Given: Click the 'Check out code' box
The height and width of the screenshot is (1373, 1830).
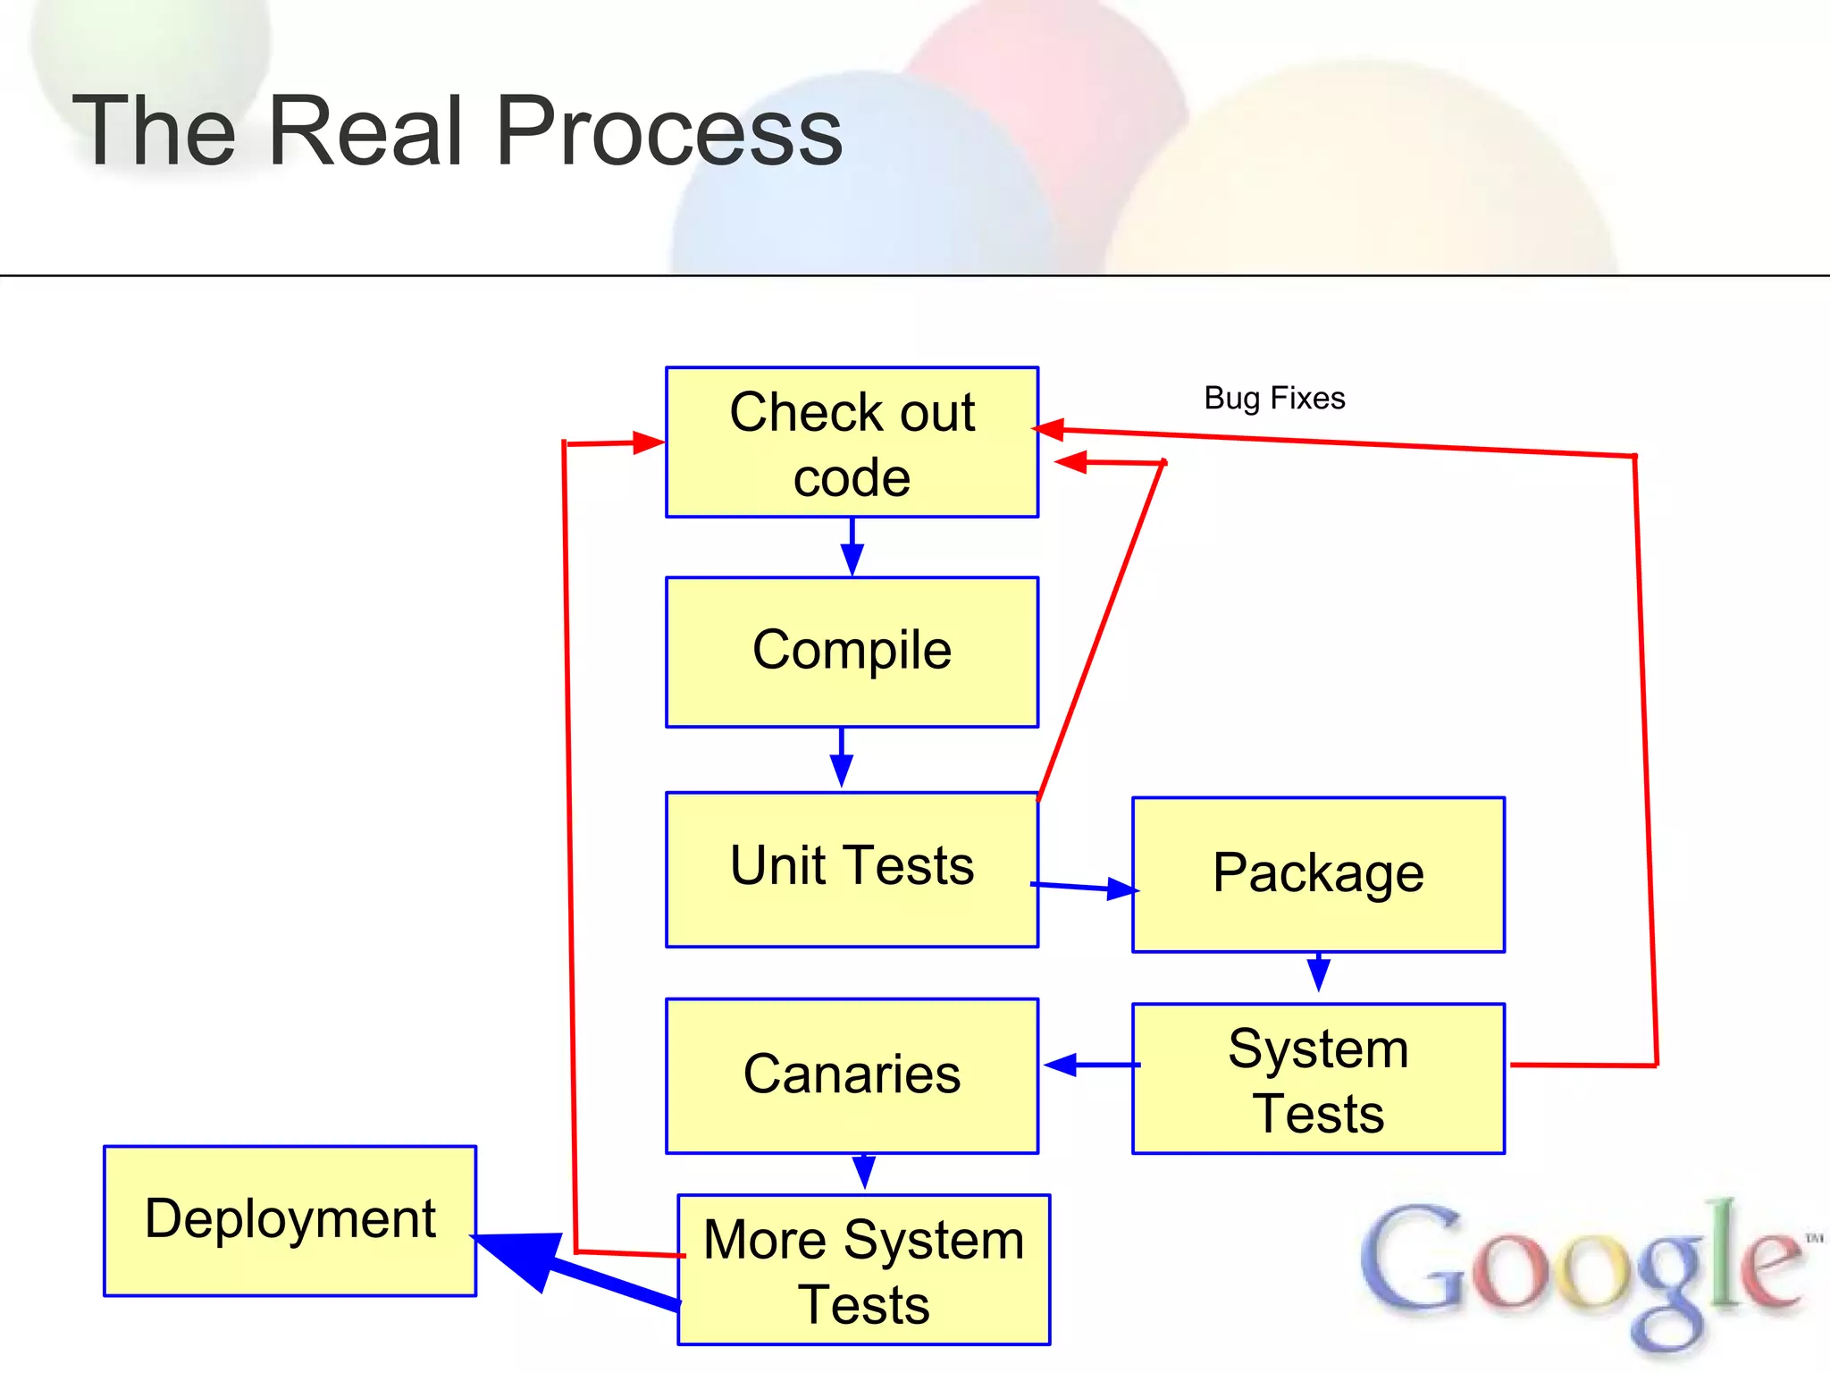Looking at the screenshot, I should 852,442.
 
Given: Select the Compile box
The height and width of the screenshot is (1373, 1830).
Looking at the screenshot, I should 852,652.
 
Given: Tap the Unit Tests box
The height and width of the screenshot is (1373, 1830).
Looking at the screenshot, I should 852,869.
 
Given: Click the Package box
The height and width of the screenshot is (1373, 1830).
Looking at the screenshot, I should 1318,874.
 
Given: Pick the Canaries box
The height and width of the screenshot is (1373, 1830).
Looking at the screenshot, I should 852,1075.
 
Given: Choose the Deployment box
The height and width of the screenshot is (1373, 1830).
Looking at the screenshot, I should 290,1220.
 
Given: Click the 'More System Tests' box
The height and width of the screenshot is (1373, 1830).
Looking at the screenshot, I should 863,1269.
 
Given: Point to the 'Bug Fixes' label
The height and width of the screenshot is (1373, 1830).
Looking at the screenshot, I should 1274,398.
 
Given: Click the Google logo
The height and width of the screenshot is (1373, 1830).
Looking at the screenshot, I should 1582,1269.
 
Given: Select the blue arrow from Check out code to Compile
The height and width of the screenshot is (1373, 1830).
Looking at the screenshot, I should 852,548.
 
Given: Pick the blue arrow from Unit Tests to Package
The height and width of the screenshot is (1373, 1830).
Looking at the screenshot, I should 1086,887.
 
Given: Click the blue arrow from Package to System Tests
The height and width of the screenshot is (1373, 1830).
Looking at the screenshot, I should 1318,972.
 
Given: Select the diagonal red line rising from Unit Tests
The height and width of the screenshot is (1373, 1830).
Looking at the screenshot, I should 1101,630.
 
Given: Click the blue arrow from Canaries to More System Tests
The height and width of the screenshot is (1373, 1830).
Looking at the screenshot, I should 863,1172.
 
